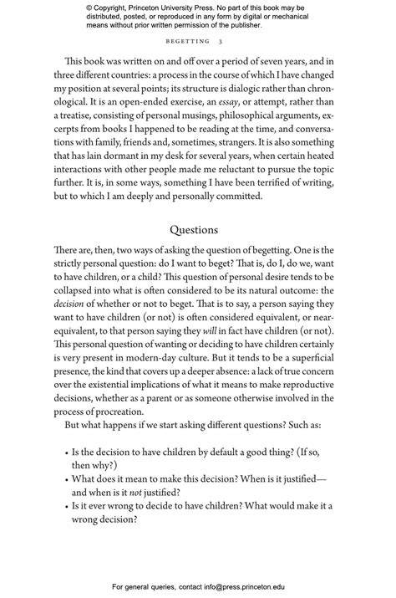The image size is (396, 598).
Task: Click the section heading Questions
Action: [194, 229]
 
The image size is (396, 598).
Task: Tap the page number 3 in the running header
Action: [220, 40]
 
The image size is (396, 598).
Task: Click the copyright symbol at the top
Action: [89, 7]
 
